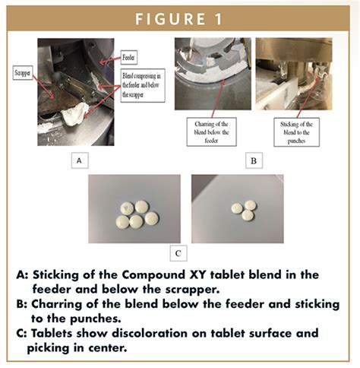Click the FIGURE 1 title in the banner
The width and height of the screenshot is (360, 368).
click(x=179, y=18)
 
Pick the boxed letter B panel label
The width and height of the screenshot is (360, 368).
click(x=253, y=161)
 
